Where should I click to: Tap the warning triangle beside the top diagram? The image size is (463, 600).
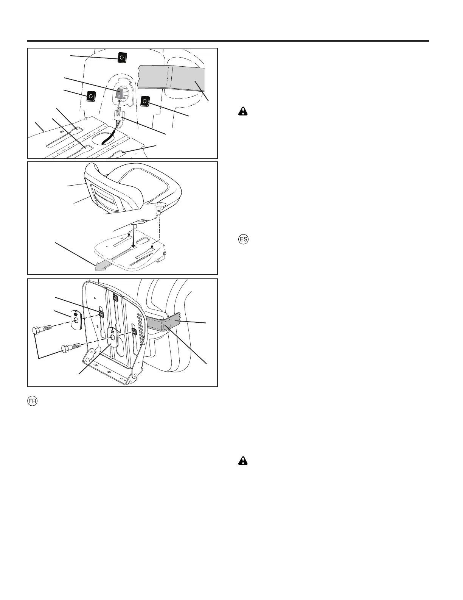(242, 111)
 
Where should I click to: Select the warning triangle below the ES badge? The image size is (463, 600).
(242, 461)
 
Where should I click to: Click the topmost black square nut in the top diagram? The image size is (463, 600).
(121, 58)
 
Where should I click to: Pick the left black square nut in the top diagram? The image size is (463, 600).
(91, 96)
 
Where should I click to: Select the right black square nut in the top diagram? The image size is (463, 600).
(144, 101)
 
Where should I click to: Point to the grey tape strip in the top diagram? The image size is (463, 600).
(172, 79)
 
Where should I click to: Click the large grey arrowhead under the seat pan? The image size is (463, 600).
(100, 267)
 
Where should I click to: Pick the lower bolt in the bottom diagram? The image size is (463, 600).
(69, 346)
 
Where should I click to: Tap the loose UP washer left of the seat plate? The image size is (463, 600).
(76, 319)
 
